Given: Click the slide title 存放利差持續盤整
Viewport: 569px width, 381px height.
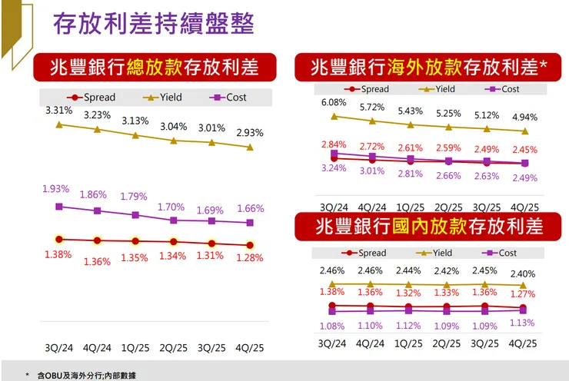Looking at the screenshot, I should [153, 23].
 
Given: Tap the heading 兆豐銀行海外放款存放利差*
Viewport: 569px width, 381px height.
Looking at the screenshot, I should [428, 68].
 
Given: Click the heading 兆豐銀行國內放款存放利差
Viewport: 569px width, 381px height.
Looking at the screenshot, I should [428, 226].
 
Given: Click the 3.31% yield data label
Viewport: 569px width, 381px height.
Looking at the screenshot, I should [58, 110].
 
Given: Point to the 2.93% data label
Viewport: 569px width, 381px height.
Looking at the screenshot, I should [249, 132].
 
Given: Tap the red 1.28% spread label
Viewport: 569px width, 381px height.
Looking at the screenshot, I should [249, 257].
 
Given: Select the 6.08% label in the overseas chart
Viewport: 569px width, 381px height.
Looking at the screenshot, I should [333, 102].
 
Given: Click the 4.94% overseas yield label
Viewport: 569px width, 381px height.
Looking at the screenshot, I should [524, 118].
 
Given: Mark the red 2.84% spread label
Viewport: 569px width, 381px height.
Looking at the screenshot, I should [333, 144].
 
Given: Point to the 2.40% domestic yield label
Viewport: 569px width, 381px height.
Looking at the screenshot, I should [522, 274].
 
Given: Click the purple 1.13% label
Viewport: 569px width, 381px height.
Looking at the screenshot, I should [522, 323].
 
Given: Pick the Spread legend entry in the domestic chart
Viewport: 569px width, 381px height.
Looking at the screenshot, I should [365, 253].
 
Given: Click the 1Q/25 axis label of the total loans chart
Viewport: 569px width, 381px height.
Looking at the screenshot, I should [135, 346].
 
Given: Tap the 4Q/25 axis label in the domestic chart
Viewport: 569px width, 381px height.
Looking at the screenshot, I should [523, 343].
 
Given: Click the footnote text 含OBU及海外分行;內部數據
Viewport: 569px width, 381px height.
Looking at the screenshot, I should [85, 376].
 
